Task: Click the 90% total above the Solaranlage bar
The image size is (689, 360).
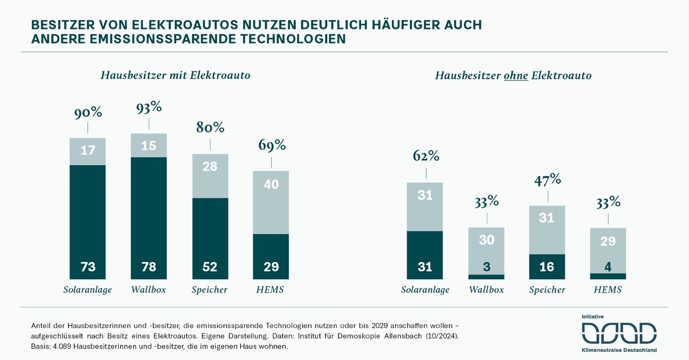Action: tap(88, 113)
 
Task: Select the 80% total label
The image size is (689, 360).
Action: tap(210, 128)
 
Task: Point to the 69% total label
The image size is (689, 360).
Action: tap(272, 145)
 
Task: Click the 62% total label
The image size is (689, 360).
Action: tap(426, 156)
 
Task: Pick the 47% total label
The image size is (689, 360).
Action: tap(548, 179)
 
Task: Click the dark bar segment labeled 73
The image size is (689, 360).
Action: tap(88, 222)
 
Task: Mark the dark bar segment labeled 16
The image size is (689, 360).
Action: tap(547, 266)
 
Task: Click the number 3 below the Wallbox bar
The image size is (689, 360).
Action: tap(486, 267)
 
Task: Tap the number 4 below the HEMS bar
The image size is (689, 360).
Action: tap(608, 267)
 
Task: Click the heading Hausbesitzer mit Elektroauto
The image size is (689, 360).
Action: tap(176, 75)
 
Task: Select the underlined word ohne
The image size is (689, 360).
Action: tap(516, 76)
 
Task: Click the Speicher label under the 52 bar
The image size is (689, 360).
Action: tap(210, 290)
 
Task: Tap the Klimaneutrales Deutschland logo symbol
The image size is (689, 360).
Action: tap(619, 333)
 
